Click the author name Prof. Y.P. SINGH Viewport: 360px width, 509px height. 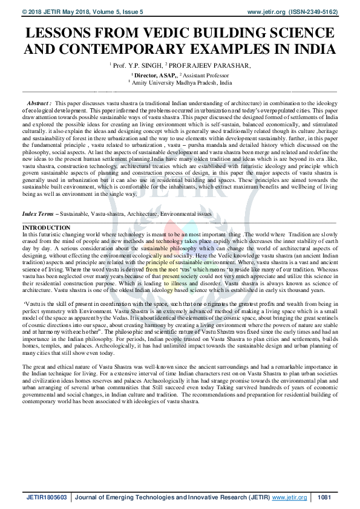[136, 65]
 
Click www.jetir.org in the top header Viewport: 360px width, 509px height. [264, 11]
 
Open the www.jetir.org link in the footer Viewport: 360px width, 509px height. [290, 498]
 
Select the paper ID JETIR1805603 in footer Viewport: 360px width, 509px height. [48, 498]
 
